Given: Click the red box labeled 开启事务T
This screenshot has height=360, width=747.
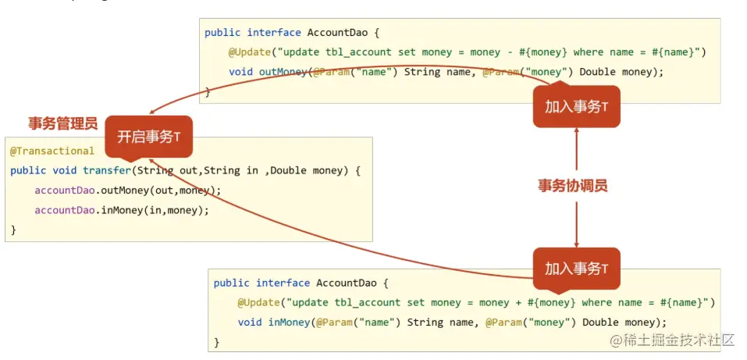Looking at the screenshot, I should [149, 137].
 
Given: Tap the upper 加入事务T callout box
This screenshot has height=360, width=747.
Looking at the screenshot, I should [576, 107].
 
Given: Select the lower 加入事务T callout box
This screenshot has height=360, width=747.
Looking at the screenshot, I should [576, 269].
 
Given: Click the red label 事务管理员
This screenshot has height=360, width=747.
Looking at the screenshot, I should [62, 123].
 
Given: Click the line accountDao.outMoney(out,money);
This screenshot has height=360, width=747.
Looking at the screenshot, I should [128, 191].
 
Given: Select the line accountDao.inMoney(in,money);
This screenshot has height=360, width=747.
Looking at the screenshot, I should [122, 210].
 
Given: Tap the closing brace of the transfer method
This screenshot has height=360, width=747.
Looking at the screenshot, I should [13, 230].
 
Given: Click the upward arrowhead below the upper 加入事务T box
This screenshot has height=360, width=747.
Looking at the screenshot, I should [576, 133].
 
